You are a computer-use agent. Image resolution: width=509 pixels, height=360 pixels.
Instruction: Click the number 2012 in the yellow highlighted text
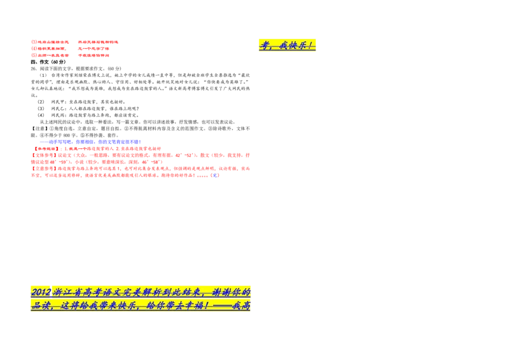point(41,292)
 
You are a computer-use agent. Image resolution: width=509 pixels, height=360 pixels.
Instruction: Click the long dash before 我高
point(219,306)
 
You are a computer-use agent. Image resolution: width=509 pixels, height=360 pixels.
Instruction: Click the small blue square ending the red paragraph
point(215,175)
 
